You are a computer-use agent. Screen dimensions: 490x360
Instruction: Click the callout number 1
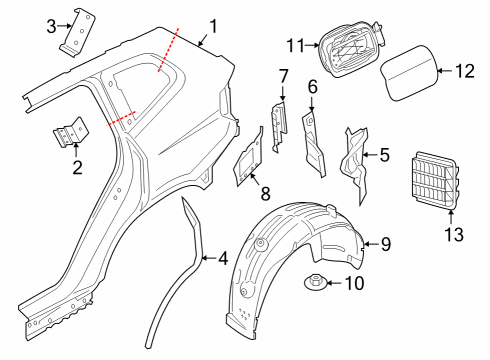click(213, 27)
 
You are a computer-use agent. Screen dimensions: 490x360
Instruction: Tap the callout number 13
click(454, 234)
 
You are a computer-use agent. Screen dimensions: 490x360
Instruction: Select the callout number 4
click(223, 259)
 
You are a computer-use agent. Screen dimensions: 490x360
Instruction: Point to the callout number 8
click(265, 194)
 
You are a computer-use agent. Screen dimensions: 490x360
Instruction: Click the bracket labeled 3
click(78, 33)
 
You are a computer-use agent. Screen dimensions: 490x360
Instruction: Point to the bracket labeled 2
click(71, 132)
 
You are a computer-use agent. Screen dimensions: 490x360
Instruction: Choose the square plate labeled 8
click(249, 157)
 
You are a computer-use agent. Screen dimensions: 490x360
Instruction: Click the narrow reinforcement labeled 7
click(279, 127)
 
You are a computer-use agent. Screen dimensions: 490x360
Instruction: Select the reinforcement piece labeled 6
click(313, 144)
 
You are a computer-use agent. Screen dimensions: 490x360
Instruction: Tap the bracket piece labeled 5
click(355, 164)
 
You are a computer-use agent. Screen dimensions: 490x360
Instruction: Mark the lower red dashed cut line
click(121, 118)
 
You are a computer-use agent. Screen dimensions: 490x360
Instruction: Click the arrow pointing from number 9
click(371, 244)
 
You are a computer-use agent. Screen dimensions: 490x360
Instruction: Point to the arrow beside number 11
click(313, 44)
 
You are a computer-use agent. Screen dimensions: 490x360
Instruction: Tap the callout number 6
click(313, 87)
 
